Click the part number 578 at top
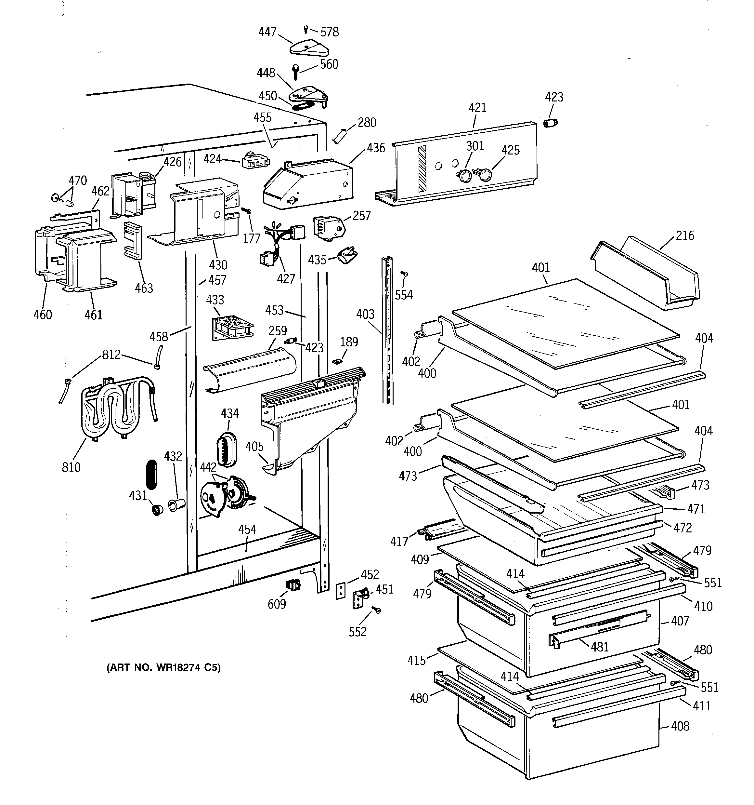[x=330, y=32]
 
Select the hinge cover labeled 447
[x=309, y=48]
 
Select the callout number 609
[x=277, y=604]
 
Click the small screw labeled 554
[x=404, y=274]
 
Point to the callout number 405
[x=254, y=446]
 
